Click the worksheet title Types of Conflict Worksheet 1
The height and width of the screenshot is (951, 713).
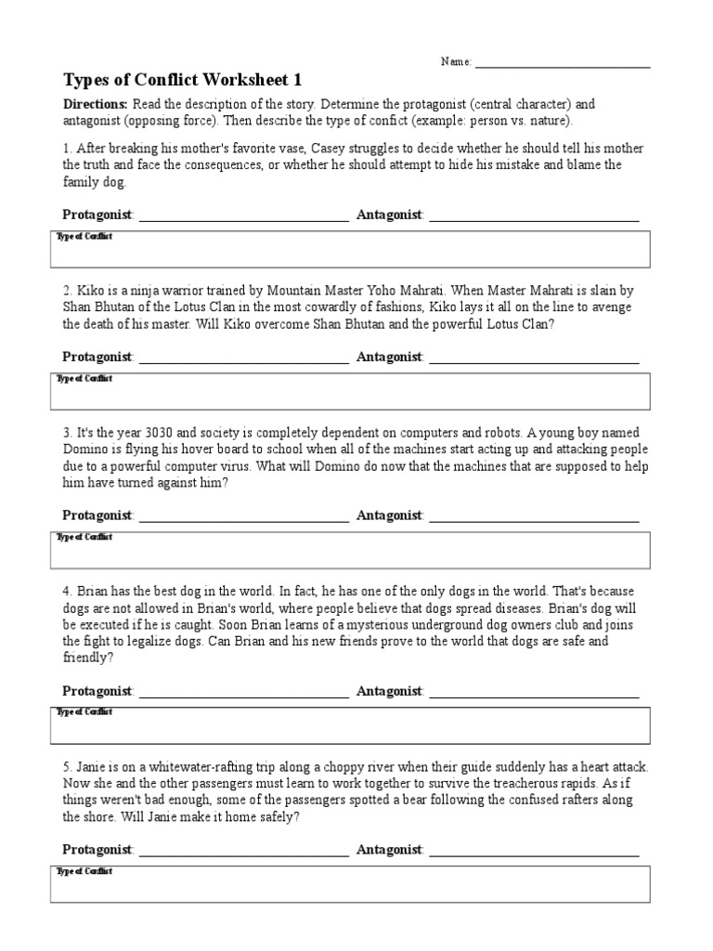[182, 80]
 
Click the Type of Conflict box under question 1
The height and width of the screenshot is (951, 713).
[350, 250]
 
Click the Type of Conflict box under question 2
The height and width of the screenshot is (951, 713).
[350, 391]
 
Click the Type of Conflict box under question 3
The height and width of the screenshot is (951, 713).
[350, 550]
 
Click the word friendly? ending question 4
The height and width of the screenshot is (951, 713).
[88, 658]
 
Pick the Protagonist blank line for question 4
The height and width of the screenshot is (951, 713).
[243, 695]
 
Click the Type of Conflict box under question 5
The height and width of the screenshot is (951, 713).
[350, 884]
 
